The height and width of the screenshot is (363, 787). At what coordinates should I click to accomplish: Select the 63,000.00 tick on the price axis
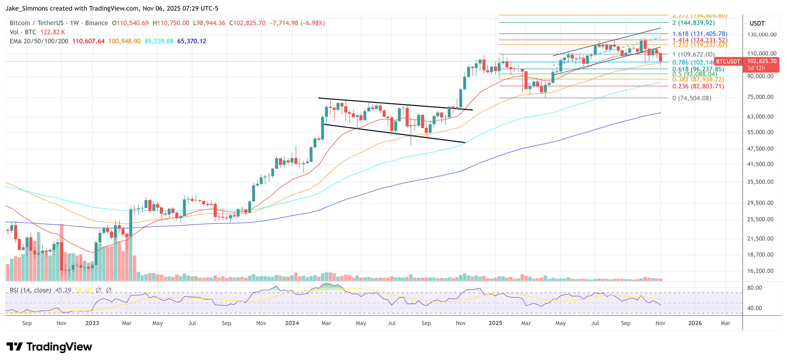pos(760,117)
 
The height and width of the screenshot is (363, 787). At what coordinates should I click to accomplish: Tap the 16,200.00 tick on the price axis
pos(760,271)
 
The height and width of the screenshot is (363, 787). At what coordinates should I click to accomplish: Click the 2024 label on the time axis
pos(292,323)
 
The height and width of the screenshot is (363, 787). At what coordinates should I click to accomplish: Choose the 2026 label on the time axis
pos(695,323)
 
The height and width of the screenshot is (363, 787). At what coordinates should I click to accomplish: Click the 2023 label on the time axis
pos(92,323)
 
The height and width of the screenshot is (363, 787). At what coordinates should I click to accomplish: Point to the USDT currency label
pos(757,23)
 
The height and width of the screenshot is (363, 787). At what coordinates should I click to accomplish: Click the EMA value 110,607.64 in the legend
pos(88,41)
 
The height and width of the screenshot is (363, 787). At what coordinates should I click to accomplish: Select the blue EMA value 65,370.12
pos(192,41)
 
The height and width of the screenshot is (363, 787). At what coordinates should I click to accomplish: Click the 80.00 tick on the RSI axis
pos(754,288)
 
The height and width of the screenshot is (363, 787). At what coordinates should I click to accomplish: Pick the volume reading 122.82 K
pos(52,32)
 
